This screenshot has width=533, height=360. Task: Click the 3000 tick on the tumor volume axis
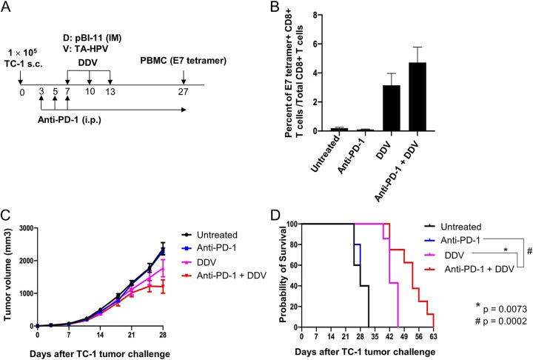coord(25,223)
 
